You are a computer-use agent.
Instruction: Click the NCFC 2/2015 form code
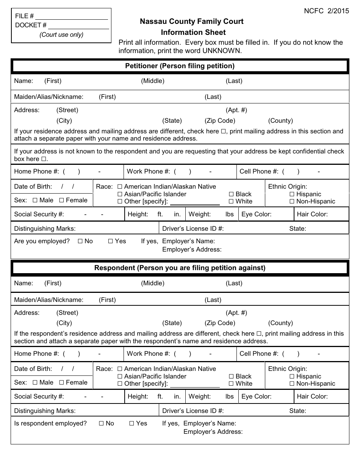pos(326,11)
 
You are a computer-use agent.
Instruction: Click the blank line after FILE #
pos(72,17)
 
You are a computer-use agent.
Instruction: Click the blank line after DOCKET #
pos(78,26)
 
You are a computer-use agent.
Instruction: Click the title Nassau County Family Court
pos(191,22)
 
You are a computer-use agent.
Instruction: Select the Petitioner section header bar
pos(180,66)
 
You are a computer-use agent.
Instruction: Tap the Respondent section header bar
pos(180,268)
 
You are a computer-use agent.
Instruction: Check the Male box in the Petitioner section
pos(35,200)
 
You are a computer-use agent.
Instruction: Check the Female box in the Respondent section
pos(62,383)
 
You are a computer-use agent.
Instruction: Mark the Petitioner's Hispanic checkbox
pos(292,194)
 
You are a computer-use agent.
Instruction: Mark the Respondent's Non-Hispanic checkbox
pos(292,384)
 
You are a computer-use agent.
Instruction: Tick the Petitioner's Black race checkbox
pos(231,194)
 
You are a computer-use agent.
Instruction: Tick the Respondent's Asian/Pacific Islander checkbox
pos(120,377)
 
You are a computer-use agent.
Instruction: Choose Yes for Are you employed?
pos(111,241)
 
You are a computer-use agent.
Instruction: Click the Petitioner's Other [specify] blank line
pos(195,202)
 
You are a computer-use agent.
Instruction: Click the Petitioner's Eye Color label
pos(257,214)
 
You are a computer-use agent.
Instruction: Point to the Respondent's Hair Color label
pos(312,397)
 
